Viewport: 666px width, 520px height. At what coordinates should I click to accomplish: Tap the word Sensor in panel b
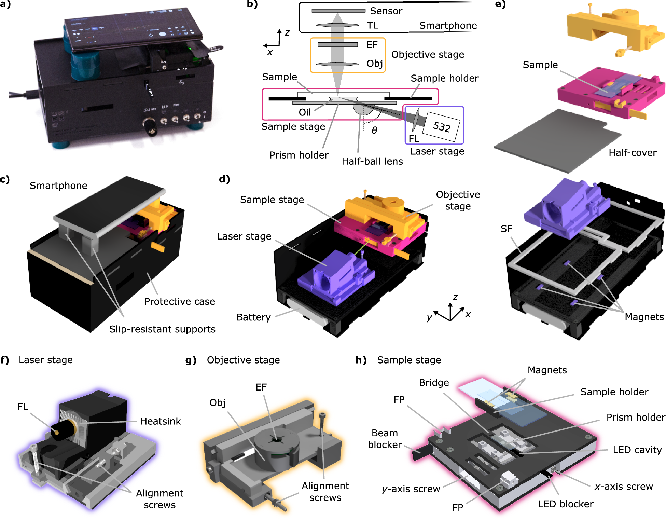coord(386,11)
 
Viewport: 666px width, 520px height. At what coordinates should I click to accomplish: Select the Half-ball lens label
coord(372,161)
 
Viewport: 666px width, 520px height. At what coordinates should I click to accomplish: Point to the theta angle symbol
coord(374,131)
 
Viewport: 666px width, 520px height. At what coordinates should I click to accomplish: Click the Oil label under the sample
coord(305,112)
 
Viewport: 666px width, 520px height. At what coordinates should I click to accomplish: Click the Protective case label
coord(180,301)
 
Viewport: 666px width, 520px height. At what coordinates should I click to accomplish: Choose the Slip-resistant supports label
coord(162,329)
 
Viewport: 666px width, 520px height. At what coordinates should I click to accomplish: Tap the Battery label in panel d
coord(253,317)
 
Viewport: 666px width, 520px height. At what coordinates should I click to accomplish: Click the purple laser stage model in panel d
coord(335,277)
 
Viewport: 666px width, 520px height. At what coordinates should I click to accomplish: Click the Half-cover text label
coord(633,153)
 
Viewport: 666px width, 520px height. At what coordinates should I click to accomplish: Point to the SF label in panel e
coord(506,229)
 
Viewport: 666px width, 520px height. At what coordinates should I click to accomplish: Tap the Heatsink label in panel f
coord(161,421)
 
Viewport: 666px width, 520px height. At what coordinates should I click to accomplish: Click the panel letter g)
coord(191,360)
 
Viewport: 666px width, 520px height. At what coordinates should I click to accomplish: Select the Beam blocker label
coord(385,439)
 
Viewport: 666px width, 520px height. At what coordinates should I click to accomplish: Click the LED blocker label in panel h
coord(566,504)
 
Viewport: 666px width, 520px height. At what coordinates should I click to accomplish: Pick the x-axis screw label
coord(624,487)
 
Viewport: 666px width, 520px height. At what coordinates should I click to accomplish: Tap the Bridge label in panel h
coord(434,383)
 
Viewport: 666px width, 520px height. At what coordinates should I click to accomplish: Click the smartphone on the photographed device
coord(133,29)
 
